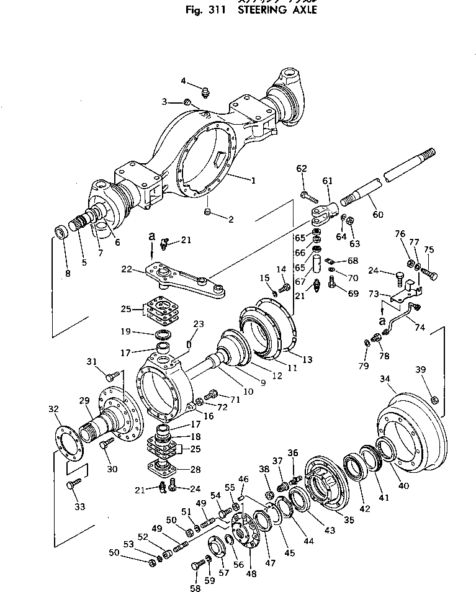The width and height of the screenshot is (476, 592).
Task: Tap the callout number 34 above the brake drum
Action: [385, 378]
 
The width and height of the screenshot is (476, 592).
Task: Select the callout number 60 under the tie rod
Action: [378, 215]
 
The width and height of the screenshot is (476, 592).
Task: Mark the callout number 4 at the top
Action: [184, 81]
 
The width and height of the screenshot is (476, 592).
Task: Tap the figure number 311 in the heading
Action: [219, 11]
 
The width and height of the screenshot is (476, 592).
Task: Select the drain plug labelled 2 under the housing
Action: [209, 213]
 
